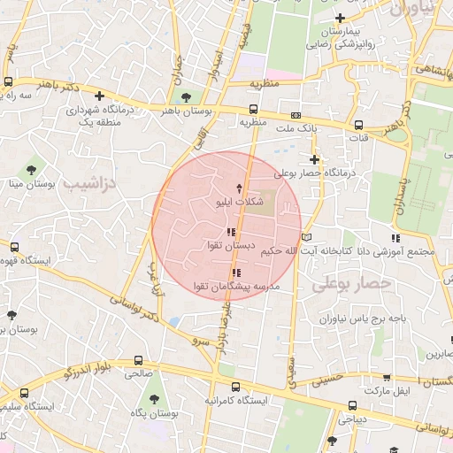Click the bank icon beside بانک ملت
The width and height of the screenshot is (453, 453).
pyautogui.click(x=296, y=115)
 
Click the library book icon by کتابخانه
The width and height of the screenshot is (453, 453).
pyautogui.click(x=307, y=237)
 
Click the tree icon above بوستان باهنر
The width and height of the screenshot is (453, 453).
pyautogui.click(x=185, y=97)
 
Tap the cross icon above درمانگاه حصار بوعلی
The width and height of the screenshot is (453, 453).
pyautogui.click(x=314, y=159)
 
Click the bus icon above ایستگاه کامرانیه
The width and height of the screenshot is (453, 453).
pyautogui.click(x=234, y=387)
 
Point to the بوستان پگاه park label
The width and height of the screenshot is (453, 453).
pyautogui.click(x=156, y=413)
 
